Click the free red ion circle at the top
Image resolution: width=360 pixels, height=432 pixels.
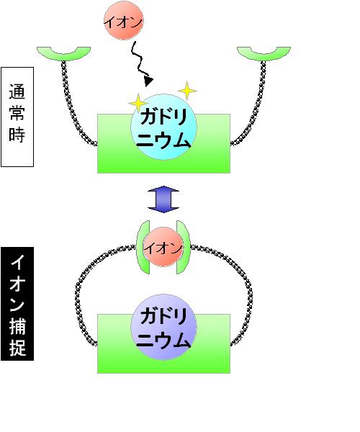[124, 21]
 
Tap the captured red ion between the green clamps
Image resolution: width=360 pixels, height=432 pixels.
[163, 247]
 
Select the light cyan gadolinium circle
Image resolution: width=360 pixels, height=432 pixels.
[163, 127]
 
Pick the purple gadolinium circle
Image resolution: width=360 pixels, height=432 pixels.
[163, 327]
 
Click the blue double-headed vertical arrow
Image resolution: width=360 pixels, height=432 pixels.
[163, 199]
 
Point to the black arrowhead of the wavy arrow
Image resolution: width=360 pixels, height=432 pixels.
[148, 81]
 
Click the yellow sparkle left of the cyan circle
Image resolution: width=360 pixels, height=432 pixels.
[138, 103]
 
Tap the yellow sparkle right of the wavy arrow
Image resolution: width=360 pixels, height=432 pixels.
[187, 91]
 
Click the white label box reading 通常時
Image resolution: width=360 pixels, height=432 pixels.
[17, 117]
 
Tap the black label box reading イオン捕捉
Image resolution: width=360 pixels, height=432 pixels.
[17, 304]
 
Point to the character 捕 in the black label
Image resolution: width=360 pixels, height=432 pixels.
[17, 326]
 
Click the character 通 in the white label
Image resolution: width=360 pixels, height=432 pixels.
[17, 91]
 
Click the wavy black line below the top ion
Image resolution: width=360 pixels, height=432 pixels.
[139, 59]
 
